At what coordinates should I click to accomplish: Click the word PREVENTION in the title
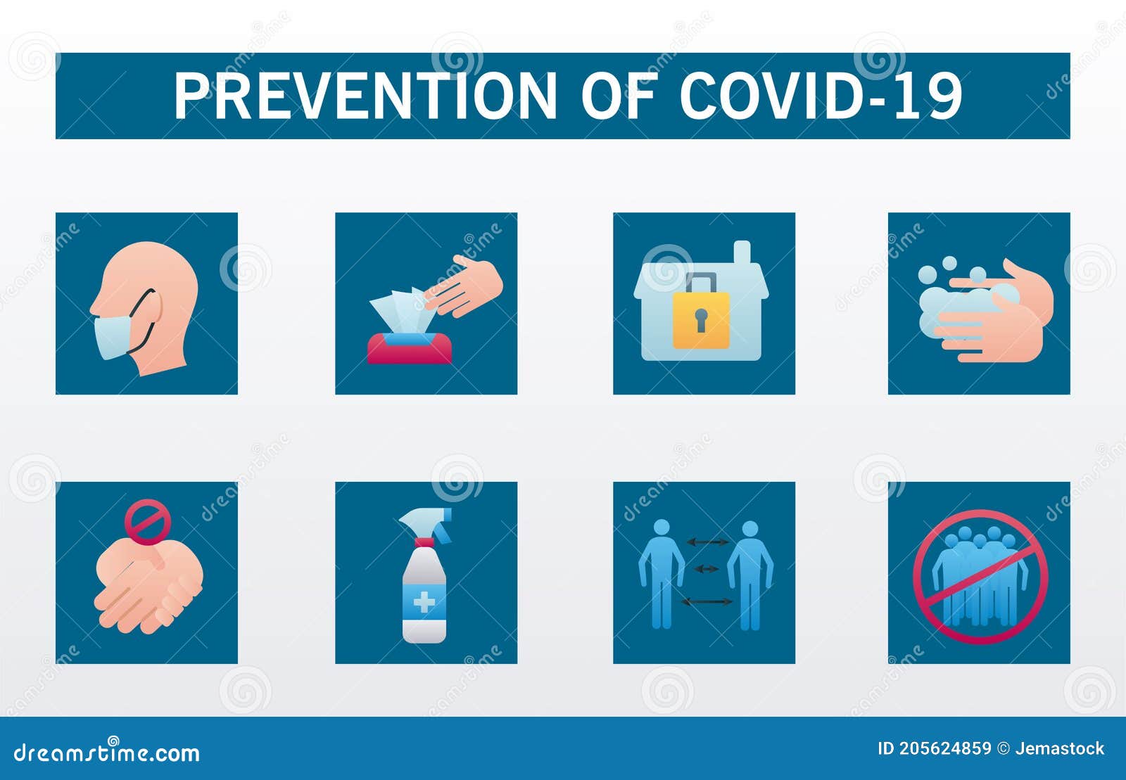pyautogui.click(x=365, y=96)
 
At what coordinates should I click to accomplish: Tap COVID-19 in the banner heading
pyautogui.click(x=821, y=96)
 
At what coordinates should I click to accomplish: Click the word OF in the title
pyautogui.click(x=617, y=96)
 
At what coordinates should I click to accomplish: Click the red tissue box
pyautogui.click(x=410, y=349)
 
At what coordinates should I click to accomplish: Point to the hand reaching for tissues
pyautogui.click(x=468, y=285)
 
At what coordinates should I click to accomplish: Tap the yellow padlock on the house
pyautogui.click(x=701, y=320)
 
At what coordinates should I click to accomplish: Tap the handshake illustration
pyautogui.click(x=148, y=587)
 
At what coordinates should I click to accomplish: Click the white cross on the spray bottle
pyautogui.click(x=424, y=603)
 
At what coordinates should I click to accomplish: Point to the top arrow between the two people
pyautogui.click(x=707, y=542)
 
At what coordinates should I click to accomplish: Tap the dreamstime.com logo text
pyautogui.click(x=107, y=753)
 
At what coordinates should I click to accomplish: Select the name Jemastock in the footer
pyautogui.click(x=1059, y=748)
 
